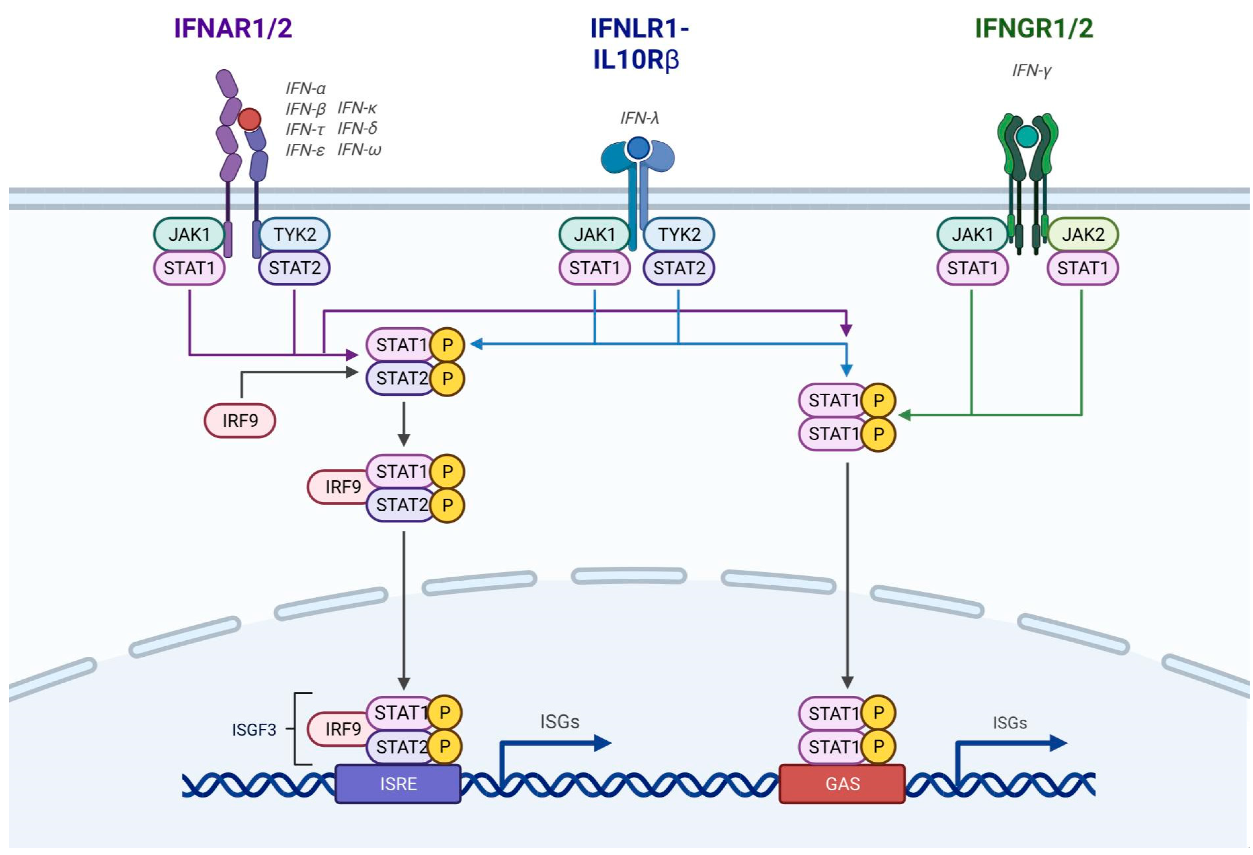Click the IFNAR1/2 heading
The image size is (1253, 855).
coord(233,28)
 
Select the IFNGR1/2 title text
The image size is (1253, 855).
coord(1034,28)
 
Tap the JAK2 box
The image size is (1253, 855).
coord(1083,235)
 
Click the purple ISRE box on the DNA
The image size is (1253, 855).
coord(398,783)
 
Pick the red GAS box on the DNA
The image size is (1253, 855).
coord(842,783)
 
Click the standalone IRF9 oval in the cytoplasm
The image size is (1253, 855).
coord(240,420)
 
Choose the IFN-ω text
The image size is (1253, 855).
coord(359,149)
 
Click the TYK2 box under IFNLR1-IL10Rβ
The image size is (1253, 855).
coord(679,235)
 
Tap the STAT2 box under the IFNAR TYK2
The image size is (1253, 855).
coord(294,268)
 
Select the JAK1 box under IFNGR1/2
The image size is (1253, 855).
coord(972,235)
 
